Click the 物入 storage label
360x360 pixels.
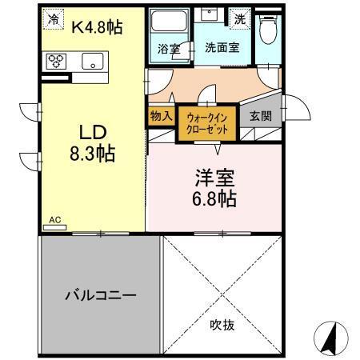click(161, 115)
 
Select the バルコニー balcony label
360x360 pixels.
click(100, 294)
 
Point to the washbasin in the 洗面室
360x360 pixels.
click(212, 18)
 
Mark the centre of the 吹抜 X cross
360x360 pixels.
click(222, 294)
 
